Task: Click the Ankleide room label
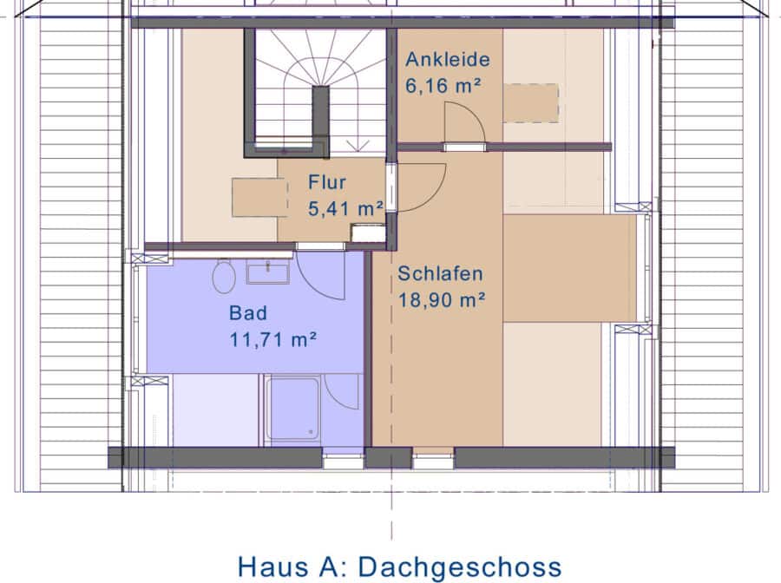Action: pyautogui.click(x=447, y=59)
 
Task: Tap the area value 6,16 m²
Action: pyautogui.click(x=443, y=86)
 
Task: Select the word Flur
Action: pyautogui.click(x=327, y=182)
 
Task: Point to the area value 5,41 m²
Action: pyautogui.click(x=345, y=208)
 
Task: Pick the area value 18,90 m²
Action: pyautogui.click(x=442, y=300)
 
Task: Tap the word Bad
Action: pyautogui.click(x=248, y=313)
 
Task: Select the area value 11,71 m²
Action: pyautogui.click(x=273, y=339)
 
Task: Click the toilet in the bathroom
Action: pyautogui.click(x=224, y=276)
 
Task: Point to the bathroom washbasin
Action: pyautogui.click(x=268, y=272)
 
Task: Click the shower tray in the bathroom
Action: pyautogui.click(x=292, y=409)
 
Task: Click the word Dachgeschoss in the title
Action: pyautogui.click(x=460, y=567)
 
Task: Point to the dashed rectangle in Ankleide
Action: pyautogui.click(x=530, y=103)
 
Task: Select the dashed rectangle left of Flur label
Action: pyautogui.click(x=260, y=198)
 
